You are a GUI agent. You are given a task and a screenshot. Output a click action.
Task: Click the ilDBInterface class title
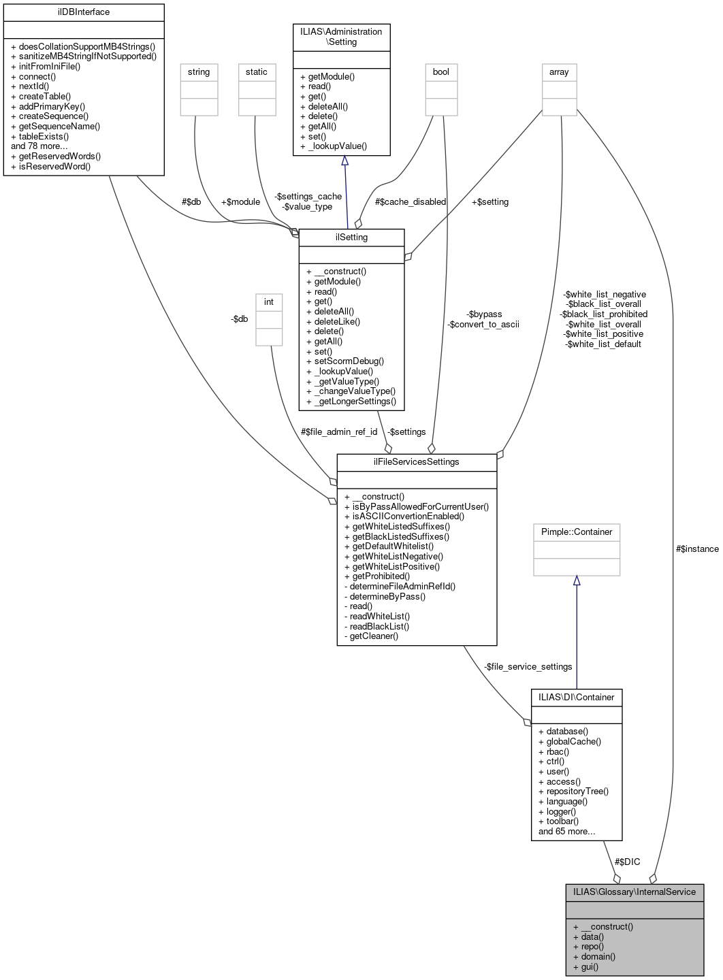pos(84,12)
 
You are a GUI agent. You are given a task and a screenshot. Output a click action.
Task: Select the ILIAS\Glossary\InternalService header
pos(634,892)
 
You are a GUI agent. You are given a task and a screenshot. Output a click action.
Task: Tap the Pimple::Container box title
pos(576,532)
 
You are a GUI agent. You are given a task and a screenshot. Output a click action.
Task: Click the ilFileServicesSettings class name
pos(416,461)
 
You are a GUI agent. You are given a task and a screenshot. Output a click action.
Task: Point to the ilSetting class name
pos(351,237)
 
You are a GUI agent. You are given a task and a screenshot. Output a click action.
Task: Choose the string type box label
pos(199,71)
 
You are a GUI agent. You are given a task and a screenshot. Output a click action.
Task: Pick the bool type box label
pos(441,71)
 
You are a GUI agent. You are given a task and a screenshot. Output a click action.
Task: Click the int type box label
pos(269,301)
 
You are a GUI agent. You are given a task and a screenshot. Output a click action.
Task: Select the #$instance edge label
pos(696,549)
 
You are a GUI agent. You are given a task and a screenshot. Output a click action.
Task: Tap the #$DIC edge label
pos(627,862)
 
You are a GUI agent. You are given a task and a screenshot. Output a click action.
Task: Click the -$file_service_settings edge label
pos(528,666)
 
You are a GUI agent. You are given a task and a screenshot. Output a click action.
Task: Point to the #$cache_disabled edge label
pos(410,201)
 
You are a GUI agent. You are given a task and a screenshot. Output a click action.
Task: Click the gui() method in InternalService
pos(589,966)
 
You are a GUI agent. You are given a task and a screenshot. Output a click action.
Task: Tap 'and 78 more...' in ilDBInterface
pos(39,146)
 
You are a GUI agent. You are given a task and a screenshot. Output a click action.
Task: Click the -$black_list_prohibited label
pos(603,314)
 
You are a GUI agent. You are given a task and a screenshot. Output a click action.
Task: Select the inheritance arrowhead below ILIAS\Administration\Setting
pos(345,161)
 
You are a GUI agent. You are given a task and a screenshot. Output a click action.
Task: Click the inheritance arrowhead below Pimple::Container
pos(576,581)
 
